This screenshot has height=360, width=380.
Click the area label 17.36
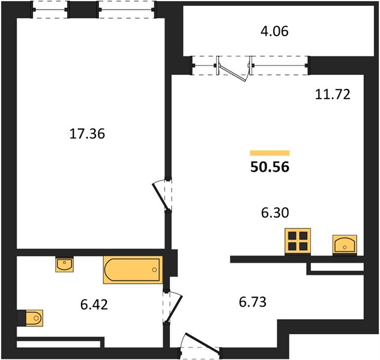pyautogui.click(x=87, y=134)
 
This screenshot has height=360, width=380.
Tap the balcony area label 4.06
pyautogui.click(x=274, y=31)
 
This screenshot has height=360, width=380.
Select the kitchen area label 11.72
pyautogui.click(x=333, y=94)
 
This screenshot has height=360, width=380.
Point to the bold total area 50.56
pyautogui.click(x=270, y=167)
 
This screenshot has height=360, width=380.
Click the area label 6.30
pyautogui.click(x=275, y=213)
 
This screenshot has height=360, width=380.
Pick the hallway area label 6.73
pyautogui.click(x=253, y=302)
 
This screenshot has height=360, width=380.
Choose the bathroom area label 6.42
pyautogui.click(x=94, y=305)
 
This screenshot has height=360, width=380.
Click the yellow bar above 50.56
pyautogui.click(x=270, y=153)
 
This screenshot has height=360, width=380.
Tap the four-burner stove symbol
pyautogui.click(x=298, y=241)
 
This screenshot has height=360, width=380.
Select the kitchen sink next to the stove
pyautogui.click(x=345, y=245)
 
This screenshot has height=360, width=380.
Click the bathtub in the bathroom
pyautogui.click(x=133, y=269)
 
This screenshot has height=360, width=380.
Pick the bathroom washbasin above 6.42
pyautogui.click(x=64, y=264)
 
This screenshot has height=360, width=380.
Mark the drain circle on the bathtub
pyautogui.click(x=154, y=269)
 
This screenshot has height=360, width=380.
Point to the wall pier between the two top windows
pyautogui.click(x=83, y=10)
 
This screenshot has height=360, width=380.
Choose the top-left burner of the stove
pyautogui.click(x=292, y=235)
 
